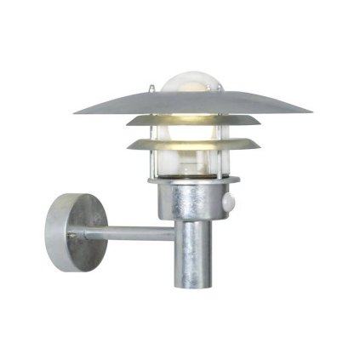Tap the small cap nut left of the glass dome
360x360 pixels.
pyautogui.click(x=151, y=89)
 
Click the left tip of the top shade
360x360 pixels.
pyautogui.click(x=77, y=111)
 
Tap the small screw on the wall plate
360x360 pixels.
pyautogui.click(x=71, y=235)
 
